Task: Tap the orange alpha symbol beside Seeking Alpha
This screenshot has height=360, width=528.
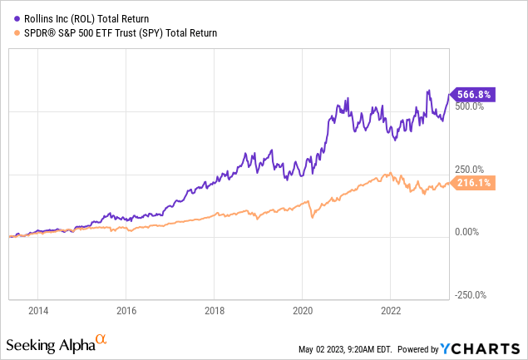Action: (101, 339)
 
